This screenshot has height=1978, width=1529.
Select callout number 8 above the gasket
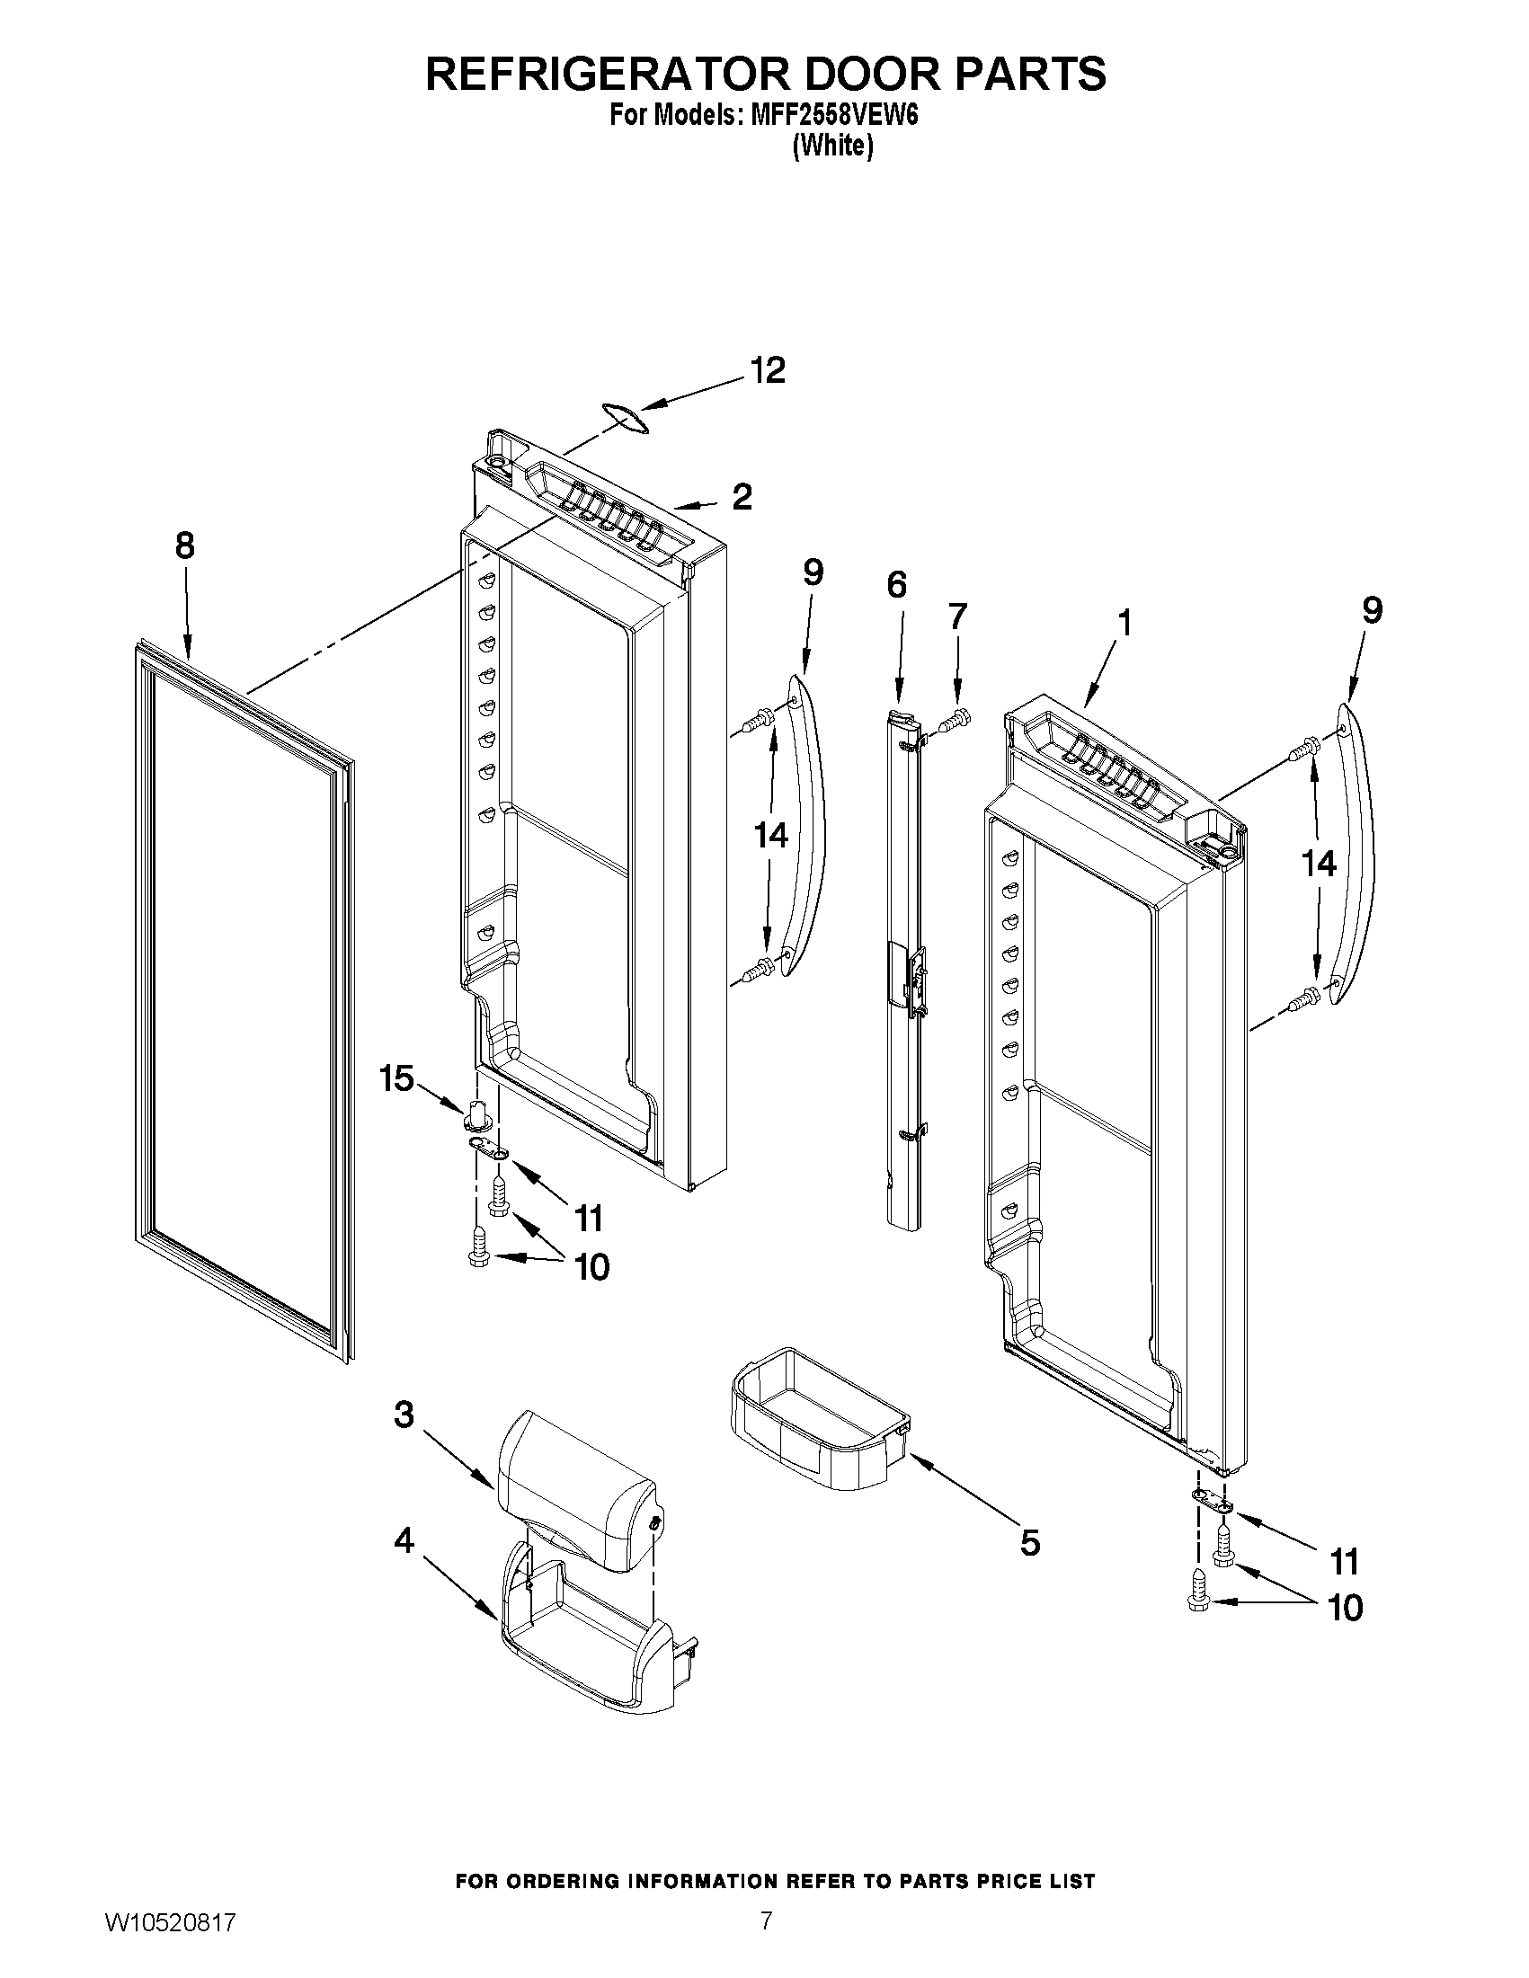(x=185, y=546)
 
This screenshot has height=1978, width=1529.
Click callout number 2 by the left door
(x=742, y=496)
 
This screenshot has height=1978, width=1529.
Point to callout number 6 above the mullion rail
(x=896, y=585)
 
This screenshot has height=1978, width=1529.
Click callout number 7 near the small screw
(x=957, y=616)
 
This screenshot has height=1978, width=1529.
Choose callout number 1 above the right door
(x=1125, y=623)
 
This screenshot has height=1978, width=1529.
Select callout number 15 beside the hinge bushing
(x=396, y=1078)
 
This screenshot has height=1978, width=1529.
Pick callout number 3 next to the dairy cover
(x=404, y=1414)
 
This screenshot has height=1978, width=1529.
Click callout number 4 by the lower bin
(x=404, y=1539)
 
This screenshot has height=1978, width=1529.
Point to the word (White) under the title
(x=832, y=146)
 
